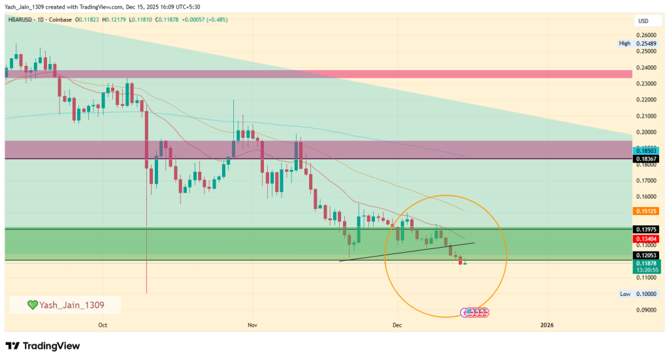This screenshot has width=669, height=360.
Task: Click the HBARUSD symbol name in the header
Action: [x=23, y=20]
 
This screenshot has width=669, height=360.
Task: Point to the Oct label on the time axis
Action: [x=103, y=324]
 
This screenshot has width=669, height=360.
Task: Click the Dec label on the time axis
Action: [x=396, y=324]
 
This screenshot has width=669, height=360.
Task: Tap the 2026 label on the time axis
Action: [x=547, y=324]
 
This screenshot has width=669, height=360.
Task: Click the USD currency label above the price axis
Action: [x=643, y=22]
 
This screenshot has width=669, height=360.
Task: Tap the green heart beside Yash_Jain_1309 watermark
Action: [x=32, y=304]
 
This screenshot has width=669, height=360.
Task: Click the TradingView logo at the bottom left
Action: [x=42, y=345]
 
